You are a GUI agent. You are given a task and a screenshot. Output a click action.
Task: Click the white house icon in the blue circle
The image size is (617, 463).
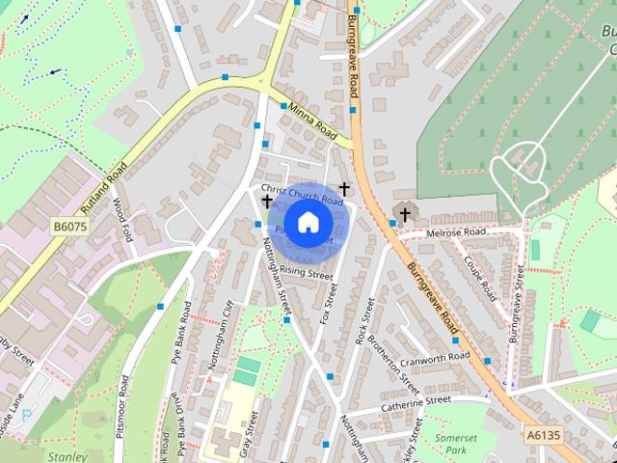click(x=308, y=222)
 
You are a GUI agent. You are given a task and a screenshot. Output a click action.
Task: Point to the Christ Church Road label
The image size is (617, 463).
click(x=302, y=195)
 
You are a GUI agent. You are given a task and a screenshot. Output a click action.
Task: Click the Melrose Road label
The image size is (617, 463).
click(x=458, y=233)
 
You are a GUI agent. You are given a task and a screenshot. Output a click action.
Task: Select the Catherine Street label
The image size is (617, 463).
click(x=416, y=402)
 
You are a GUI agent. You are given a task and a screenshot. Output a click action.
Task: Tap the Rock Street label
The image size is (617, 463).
click(x=363, y=320)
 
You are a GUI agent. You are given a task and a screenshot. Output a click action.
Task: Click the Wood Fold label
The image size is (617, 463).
click(x=121, y=217)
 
